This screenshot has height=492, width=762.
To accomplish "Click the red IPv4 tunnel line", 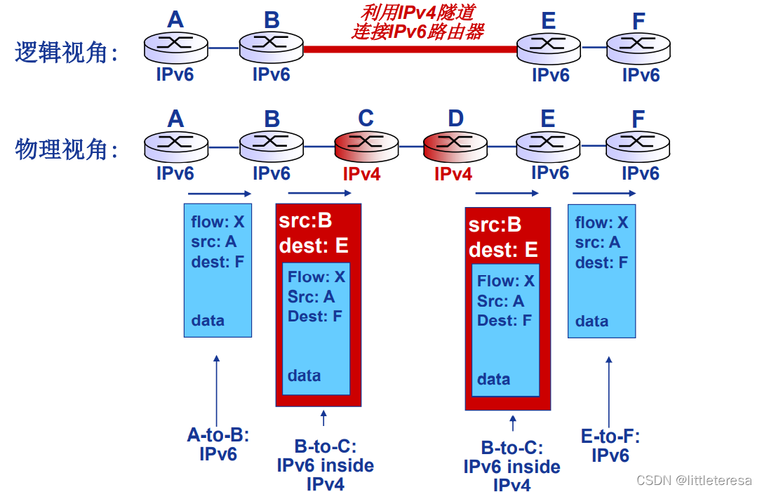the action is click(410, 49).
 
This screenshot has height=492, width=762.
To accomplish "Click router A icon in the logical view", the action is click(176, 47).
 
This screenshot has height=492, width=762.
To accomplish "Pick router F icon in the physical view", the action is click(638, 145).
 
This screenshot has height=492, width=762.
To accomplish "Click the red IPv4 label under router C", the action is click(361, 174).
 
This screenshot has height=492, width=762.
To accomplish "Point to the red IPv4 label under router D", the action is click(453, 174).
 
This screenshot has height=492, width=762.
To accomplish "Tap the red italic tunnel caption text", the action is click(418, 22).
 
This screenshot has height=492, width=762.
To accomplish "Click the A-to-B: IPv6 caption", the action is click(218, 444).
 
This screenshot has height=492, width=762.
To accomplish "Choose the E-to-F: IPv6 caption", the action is click(610, 446).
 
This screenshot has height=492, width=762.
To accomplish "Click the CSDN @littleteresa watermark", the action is click(694, 480).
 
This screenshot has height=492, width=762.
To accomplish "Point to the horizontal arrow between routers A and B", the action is click(219, 194).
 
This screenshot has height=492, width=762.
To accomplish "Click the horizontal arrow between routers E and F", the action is click(604, 194).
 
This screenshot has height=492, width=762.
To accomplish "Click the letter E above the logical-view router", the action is click(549, 21).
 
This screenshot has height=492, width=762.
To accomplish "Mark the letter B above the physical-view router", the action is click(272, 119).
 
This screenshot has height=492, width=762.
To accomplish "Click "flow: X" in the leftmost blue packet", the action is click(218, 222).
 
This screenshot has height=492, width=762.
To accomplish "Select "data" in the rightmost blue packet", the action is click(592, 321).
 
